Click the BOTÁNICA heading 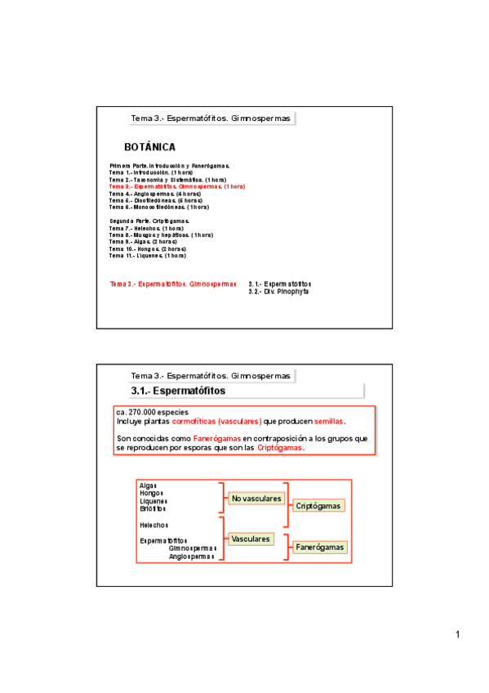[x=149, y=147]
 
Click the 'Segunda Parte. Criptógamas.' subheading [x=149, y=221]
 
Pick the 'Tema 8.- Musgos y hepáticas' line [x=161, y=235]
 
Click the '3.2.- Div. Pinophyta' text [x=278, y=291]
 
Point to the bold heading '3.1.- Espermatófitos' [x=177, y=391]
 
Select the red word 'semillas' [x=329, y=422]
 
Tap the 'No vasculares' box [x=256, y=499]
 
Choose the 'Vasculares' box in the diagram [x=251, y=539]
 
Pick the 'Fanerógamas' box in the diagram [x=319, y=547]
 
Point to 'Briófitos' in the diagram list [x=153, y=509]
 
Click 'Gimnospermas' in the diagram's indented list [x=192, y=548]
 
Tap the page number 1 [x=459, y=635]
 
